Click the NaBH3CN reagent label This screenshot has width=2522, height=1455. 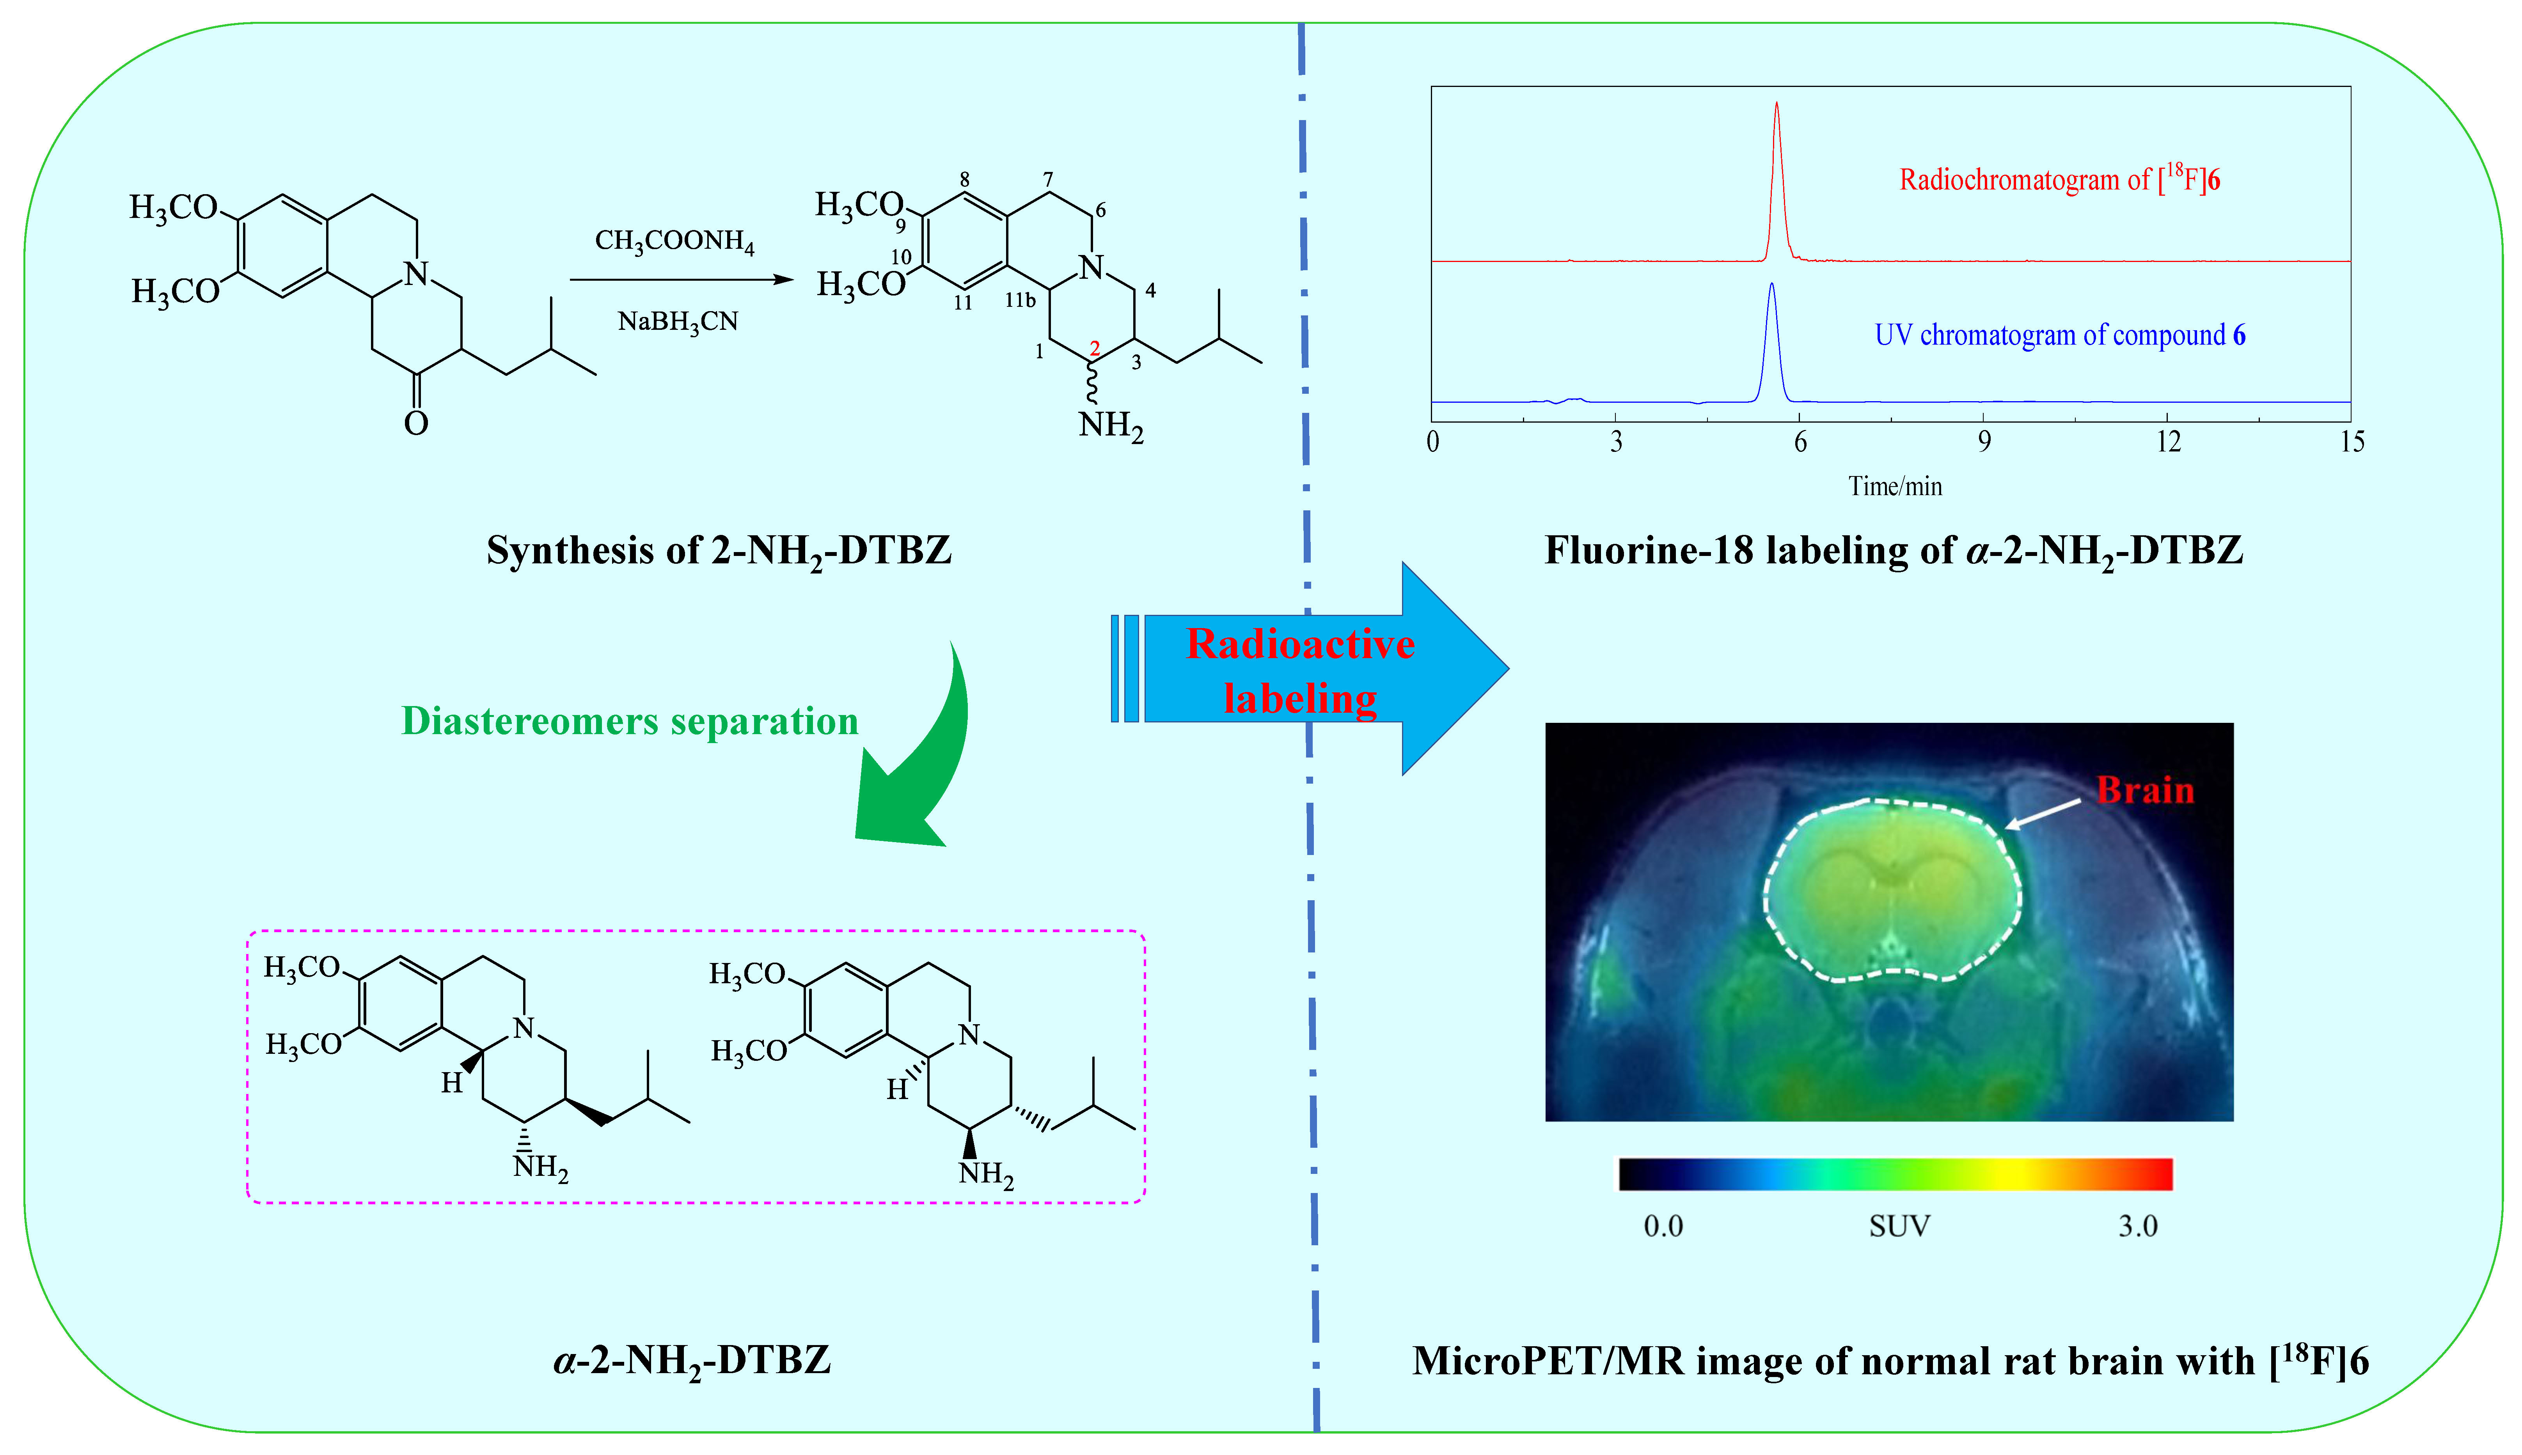click(678, 322)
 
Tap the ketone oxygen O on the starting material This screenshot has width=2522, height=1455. click(416, 424)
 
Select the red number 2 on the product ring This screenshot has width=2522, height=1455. click(1095, 348)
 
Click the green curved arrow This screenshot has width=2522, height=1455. click(925, 759)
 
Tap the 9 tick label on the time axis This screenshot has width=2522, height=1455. click(1984, 442)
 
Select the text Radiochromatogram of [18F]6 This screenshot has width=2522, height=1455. click(2059, 180)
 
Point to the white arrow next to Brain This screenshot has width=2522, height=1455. click(2044, 813)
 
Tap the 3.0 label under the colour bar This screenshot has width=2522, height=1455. click(2138, 1226)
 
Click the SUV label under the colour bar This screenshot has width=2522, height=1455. click(1899, 1226)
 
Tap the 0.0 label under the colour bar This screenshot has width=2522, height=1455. click(1663, 1226)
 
